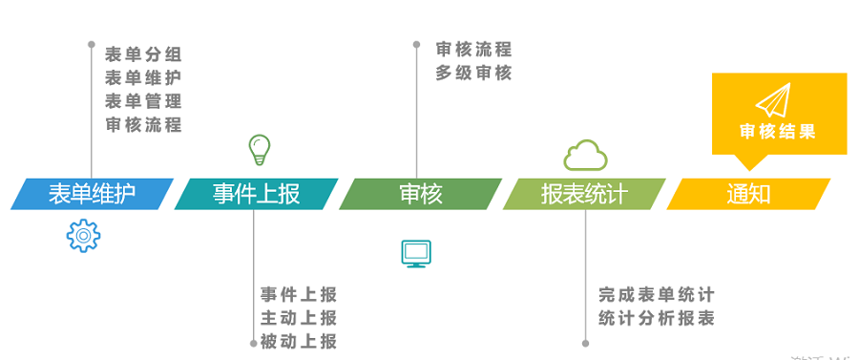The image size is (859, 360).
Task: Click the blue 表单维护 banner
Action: tap(92, 194)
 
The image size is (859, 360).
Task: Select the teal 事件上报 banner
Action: tap(256, 194)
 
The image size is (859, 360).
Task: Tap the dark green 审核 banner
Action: tap(421, 194)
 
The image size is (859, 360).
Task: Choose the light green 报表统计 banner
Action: tap(584, 194)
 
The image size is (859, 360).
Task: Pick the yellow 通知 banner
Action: tap(748, 194)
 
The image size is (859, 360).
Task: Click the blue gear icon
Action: tap(83, 235)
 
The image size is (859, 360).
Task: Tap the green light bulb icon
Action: tap(259, 149)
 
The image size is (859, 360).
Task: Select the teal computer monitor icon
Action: tap(417, 253)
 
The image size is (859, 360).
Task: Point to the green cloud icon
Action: tap(585, 154)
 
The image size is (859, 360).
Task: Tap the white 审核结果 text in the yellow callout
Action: tap(778, 132)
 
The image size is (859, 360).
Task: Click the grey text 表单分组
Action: tap(143, 53)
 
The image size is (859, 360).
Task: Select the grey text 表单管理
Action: tap(143, 100)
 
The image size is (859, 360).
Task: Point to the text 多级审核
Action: tap(473, 73)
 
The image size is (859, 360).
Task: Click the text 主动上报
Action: tap(299, 318)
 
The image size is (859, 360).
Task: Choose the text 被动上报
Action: tap(299, 341)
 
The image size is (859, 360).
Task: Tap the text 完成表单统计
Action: tap(657, 295)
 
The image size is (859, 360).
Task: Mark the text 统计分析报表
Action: tap(657, 318)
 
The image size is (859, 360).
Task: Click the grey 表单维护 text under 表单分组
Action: tap(143, 77)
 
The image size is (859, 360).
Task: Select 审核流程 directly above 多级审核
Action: tap(473, 50)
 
